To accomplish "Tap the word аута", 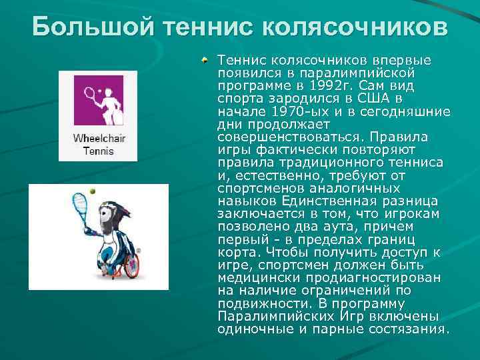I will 358,227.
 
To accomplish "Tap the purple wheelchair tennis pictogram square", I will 98,101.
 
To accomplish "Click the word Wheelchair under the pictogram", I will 99,139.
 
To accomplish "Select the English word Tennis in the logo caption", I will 99,151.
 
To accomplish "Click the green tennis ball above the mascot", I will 92,191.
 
